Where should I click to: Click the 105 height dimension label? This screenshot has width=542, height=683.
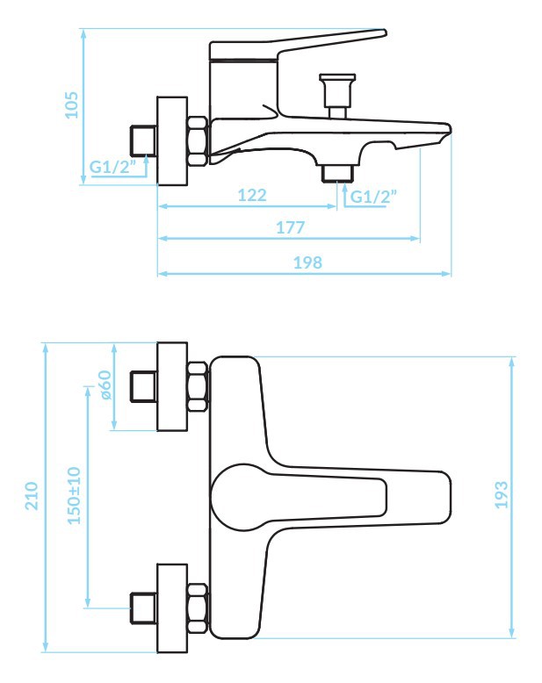coord(71,104)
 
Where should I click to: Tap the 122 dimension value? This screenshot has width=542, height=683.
coord(252,195)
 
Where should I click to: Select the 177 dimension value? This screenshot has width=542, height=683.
coord(291,227)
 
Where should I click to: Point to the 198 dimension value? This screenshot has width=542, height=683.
coord(307,262)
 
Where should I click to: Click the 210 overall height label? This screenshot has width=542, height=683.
coord(32,496)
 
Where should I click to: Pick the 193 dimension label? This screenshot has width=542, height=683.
coord(502,495)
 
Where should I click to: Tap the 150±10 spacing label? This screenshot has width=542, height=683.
coord(74,495)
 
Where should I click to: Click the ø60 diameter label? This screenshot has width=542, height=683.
coord(105,385)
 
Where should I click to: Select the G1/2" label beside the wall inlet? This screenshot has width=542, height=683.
coord(112,167)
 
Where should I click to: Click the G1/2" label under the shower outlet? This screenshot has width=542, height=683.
coord(374,197)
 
